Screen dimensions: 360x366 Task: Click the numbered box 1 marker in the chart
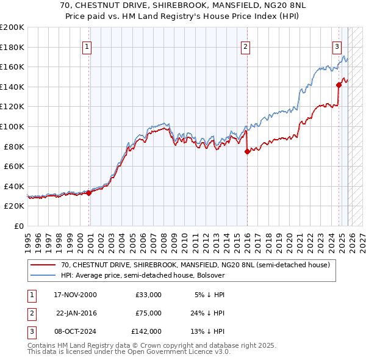pyautogui.click(x=87, y=46)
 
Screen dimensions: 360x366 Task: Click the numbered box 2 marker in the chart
pyautogui.click(x=245, y=46)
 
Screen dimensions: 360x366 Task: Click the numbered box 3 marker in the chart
pyautogui.click(x=337, y=46)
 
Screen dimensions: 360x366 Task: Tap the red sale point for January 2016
pyautogui.click(x=247, y=152)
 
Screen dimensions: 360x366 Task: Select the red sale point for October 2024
pyautogui.click(x=339, y=85)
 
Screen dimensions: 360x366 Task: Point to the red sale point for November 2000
pyautogui.click(x=89, y=193)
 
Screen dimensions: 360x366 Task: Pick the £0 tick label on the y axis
pyautogui.click(x=18, y=226)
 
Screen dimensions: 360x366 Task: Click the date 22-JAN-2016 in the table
pyautogui.click(x=76, y=313)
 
